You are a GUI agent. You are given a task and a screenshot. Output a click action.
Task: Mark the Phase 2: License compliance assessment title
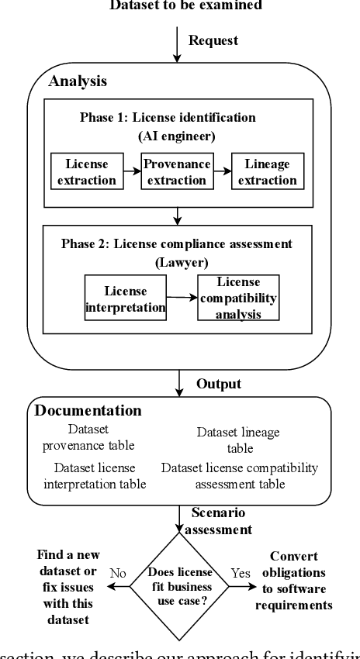[x=177, y=243]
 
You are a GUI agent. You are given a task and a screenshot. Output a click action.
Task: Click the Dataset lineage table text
[x=238, y=440]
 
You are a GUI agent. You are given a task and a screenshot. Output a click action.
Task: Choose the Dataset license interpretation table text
[x=95, y=476]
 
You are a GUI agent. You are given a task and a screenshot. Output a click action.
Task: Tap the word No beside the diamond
[x=118, y=574]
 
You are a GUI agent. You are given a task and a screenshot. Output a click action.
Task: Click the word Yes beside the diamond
[x=241, y=574]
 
